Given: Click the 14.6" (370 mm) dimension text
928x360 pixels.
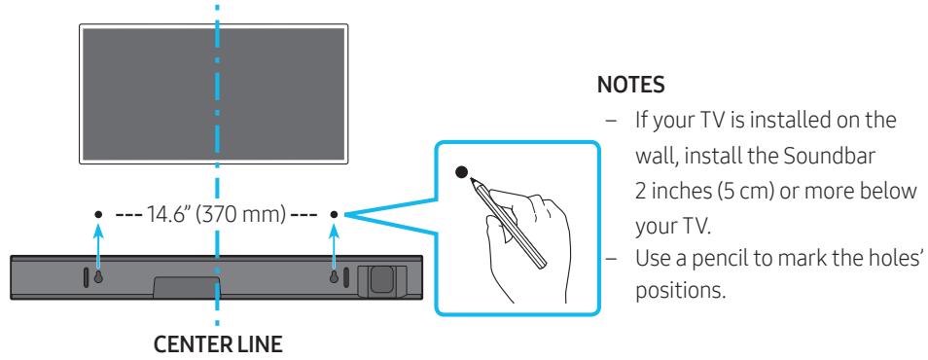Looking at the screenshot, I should tap(215, 214).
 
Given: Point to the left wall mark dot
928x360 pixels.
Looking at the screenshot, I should tap(97, 214).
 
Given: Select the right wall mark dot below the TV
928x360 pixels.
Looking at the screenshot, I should tap(333, 214).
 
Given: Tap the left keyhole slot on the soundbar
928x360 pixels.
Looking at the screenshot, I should tap(97, 276).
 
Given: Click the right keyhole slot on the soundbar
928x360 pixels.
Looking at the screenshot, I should tap(333, 276).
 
